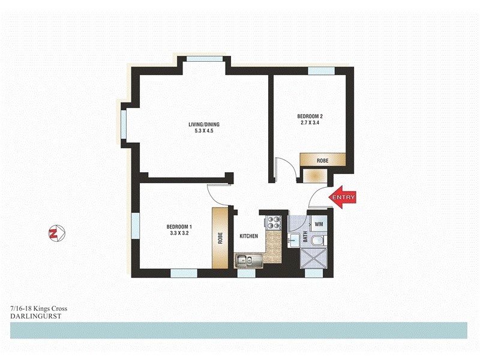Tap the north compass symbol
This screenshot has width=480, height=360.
(56, 233)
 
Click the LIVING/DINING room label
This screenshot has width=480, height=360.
(201, 125)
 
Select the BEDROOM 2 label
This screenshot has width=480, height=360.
(310, 116)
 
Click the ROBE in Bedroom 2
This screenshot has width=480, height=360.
(323, 160)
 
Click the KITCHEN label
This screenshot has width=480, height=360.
(248, 236)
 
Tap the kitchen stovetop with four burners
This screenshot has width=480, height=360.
(273, 223)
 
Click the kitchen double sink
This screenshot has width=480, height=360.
(247, 260)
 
